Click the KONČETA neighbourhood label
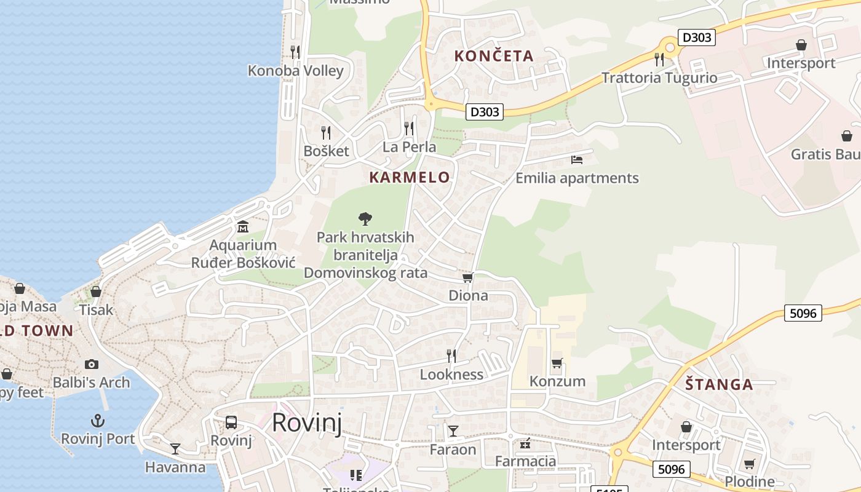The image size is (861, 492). [494, 56]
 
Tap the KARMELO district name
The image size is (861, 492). [410, 178]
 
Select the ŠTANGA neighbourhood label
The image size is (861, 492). [719, 385]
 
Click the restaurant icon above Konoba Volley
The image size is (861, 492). [295, 52]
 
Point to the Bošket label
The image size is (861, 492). [326, 151]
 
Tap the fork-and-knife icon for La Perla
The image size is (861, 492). [409, 128]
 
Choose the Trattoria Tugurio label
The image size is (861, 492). [659, 78]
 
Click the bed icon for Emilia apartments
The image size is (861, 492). [576, 160]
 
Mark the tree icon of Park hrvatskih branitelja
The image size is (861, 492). [365, 218]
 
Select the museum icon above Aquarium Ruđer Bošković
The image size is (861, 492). [242, 226]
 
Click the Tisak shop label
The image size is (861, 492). [96, 310]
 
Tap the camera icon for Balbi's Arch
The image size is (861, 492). [92, 364]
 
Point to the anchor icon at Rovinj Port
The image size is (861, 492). [97, 421]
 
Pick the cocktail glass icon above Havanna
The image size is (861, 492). [175, 448]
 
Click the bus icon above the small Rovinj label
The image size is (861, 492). [231, 423]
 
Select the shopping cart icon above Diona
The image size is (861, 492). [468, 278]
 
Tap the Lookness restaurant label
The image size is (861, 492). [451, 375]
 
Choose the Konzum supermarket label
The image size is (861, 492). [557, 381]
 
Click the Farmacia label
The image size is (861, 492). [525, 461]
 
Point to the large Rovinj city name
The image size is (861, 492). [306, 423]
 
